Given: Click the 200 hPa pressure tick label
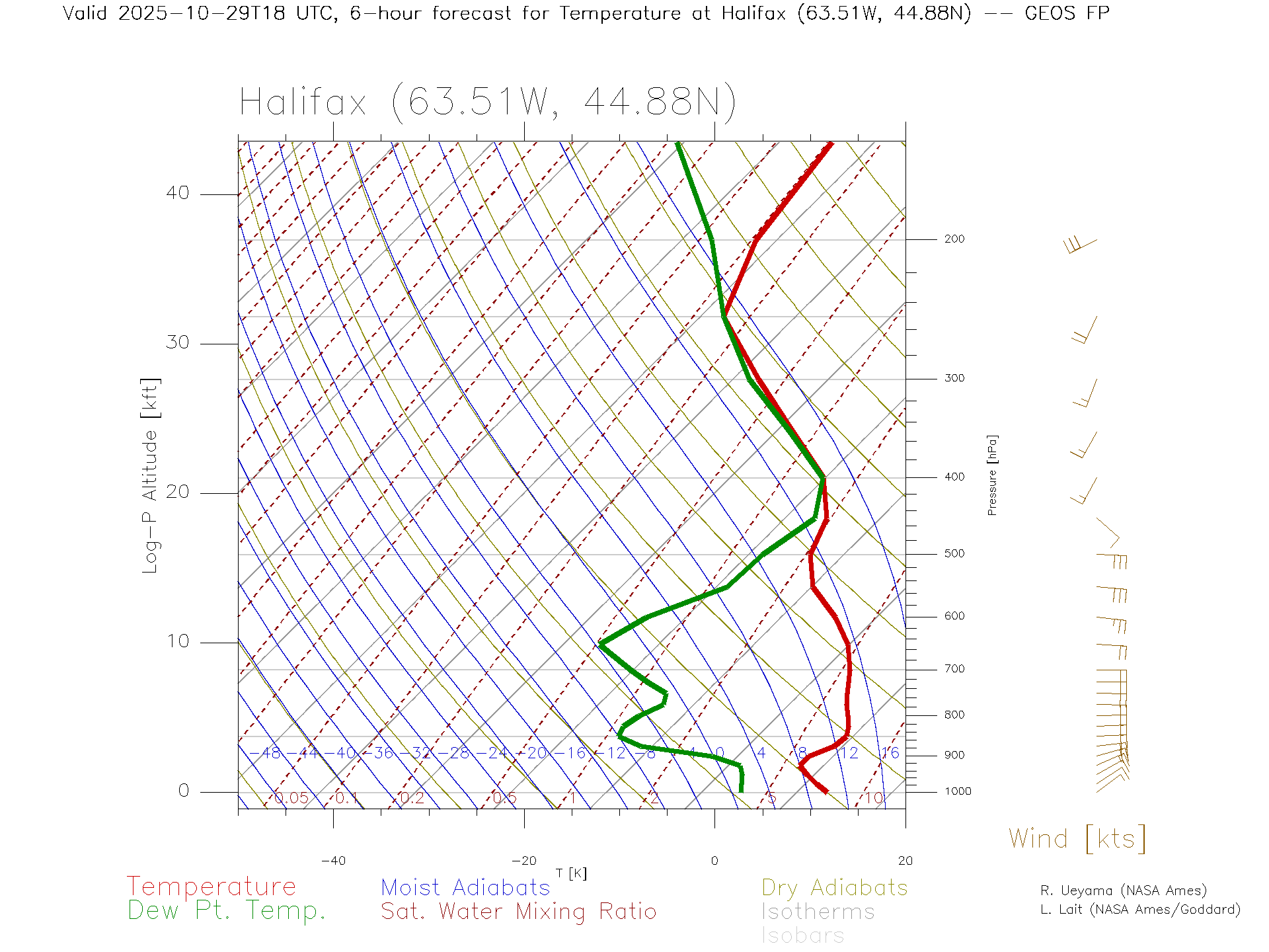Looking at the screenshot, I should tap(954, 239).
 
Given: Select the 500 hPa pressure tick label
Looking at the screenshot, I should tap(954, 554).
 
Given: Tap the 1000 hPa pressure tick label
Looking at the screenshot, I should tap(958, 791).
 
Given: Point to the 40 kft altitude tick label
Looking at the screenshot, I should tap(177, 193).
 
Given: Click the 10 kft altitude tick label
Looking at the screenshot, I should tap(177, 641).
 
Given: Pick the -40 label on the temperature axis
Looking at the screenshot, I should tap(333, 861).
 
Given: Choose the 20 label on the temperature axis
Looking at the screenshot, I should tap(905, 861).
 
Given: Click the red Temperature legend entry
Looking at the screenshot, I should tap(211, 887).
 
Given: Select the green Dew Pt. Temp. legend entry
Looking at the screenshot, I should tap(227, 911).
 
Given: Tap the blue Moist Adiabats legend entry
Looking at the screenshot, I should tap(465, 888).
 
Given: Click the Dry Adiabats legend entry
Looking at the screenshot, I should tap(835, 888).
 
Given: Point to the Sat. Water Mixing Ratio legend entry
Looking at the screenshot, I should tap(518, 912).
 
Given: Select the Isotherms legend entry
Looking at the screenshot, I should tap(818, 912).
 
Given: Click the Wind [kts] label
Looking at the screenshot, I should tap(1077, 839).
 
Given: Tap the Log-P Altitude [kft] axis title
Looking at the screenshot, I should tap(151, 476).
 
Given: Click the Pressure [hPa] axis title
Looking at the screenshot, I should tap(992, 475).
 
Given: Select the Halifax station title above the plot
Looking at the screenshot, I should tap(488, 102).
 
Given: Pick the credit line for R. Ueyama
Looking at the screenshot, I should tap(1124, 891).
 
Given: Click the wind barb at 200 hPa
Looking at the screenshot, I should tap(1080, 245).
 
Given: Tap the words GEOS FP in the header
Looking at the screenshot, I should tap(1067, 13).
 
